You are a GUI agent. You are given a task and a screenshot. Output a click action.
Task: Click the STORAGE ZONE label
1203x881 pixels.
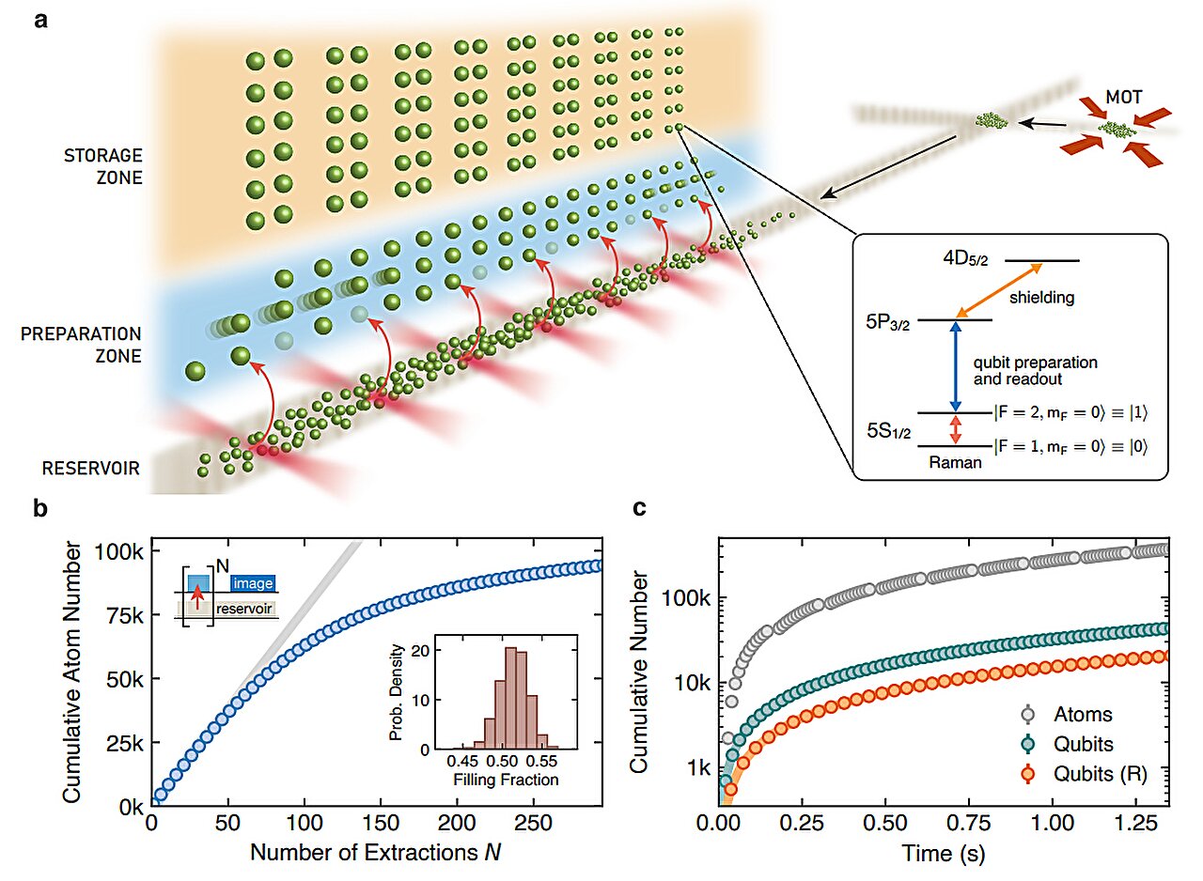[x=103, y=164]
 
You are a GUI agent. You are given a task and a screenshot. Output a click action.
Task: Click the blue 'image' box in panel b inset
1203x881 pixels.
[x=253, y=584]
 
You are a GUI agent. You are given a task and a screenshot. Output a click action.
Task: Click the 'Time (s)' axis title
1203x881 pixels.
[x=941, y=854]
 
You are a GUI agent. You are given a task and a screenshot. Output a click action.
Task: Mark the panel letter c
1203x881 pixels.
[x=639, y=509]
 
